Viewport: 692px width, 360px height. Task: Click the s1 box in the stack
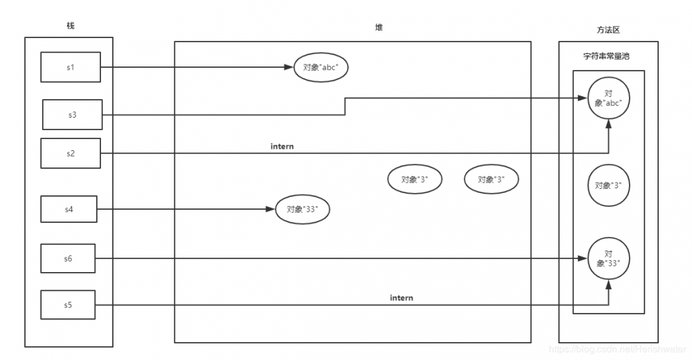tap(71, 67)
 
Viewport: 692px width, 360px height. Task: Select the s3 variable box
tap(73, 115)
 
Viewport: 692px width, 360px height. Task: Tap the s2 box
tap(71, 153)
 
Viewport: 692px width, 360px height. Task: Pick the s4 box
tap(69, 209)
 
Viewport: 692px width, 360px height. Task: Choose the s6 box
tap(68, 258)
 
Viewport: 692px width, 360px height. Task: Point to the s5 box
tap(68, 305)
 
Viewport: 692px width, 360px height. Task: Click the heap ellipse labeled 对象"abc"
tap(321, 68)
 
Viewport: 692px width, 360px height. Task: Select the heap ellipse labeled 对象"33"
tap(302, 209)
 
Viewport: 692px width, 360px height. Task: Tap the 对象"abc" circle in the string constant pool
tap(608, 98)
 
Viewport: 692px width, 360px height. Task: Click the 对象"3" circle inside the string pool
tap(608, 186)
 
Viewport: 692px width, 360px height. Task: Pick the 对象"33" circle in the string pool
tap(608, 258)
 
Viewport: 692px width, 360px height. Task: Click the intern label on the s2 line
tap(282, 146)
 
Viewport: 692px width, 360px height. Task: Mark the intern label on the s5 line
tap(401, 298)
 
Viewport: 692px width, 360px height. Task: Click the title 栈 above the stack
tap(71, 26)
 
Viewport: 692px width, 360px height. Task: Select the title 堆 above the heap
tap(379, 28)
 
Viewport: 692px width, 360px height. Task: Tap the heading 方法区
tap(608, 30)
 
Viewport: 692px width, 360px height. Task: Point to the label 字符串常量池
tap(606, 56)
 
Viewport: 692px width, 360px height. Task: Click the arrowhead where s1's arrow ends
tap(289, 67)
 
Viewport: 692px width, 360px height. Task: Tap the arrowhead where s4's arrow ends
tap(271, 209)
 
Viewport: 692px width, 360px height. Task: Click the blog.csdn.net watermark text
tap(618, 350)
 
